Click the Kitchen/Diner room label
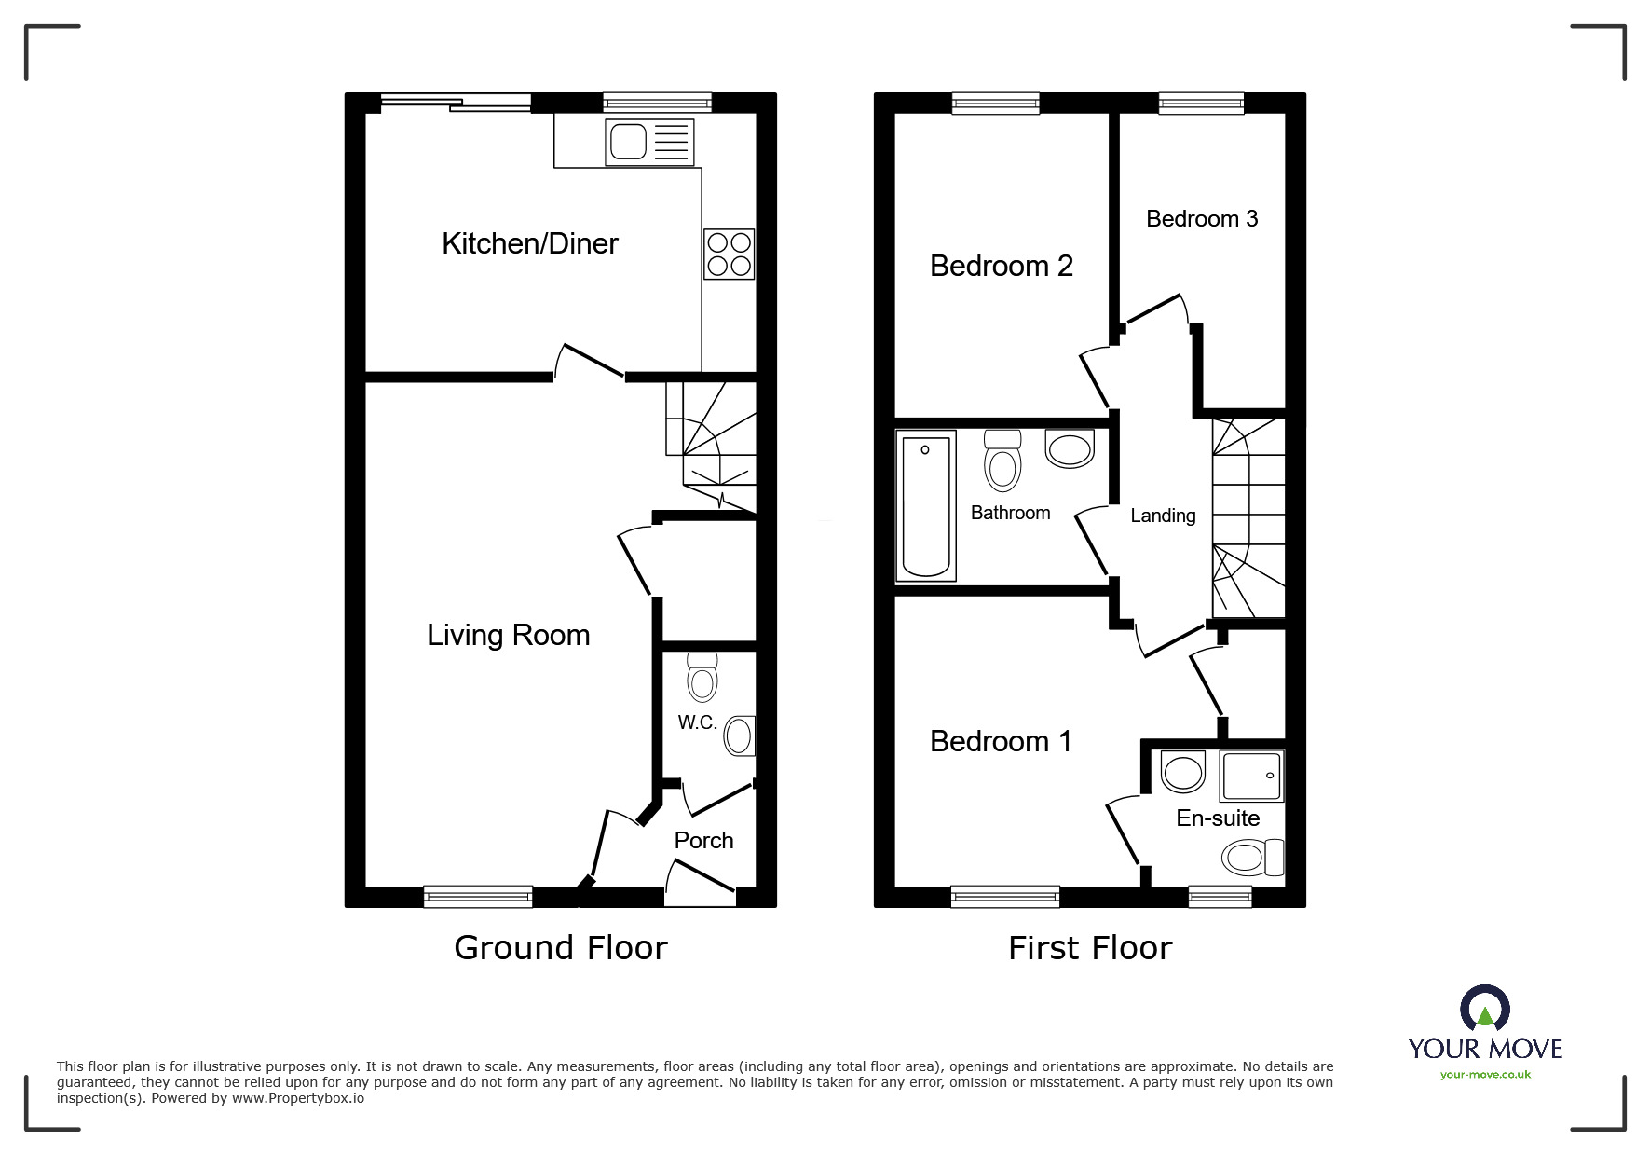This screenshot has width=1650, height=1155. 529,243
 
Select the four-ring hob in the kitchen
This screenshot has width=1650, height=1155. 729,254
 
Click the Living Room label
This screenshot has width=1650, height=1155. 508,635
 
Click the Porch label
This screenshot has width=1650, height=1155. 703,840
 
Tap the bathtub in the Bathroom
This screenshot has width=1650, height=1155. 925,504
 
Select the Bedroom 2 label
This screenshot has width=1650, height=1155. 1001,266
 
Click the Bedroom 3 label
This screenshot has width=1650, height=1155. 1201,218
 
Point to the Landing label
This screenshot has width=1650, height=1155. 1162,516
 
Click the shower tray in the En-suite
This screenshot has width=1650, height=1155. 1252,776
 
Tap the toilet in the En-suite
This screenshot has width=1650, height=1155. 1252,857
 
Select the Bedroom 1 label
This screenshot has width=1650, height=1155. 1001,741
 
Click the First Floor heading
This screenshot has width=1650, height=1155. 1089,948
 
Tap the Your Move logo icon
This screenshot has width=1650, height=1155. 1484,1009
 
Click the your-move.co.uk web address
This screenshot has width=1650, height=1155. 1485,1075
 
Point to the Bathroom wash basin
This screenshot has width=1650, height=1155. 1070,448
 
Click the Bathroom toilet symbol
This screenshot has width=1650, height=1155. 1002,461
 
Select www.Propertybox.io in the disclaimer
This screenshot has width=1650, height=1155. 297,1098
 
